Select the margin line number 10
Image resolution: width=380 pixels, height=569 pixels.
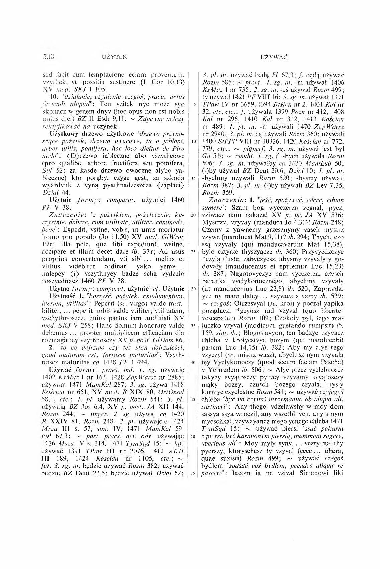tap(194, 141)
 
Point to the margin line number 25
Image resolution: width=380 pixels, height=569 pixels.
tap(194, 252)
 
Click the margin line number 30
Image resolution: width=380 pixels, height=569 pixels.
tap(194, 289)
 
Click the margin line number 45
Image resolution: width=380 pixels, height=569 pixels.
tap(194, 399)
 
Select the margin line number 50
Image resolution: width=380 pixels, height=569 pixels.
tap(194, 436)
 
